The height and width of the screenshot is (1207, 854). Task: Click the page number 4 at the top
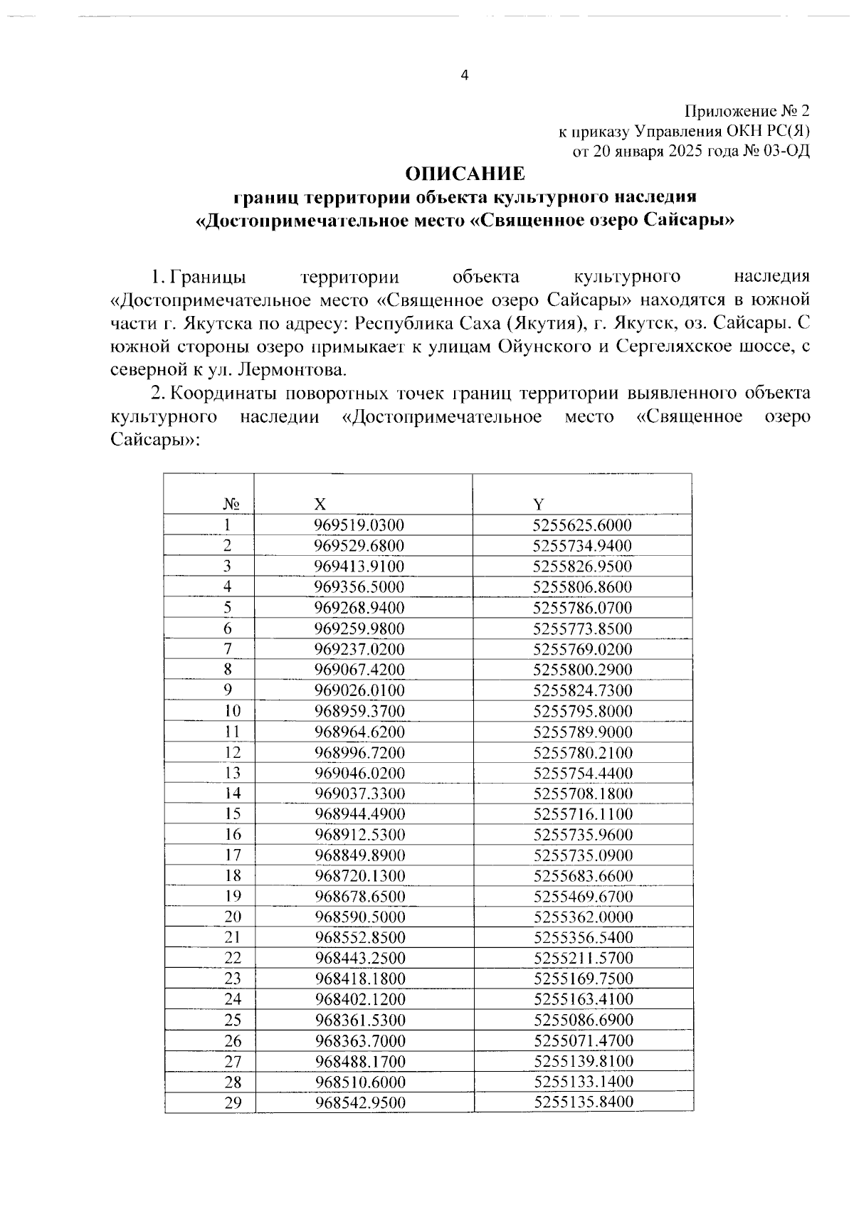point(465,75)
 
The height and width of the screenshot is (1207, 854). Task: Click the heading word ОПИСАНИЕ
point(465,174)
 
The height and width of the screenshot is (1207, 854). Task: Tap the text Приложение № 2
point(747,111)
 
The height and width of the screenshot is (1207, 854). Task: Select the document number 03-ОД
point(786,151)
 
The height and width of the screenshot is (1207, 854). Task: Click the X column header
point(321,504)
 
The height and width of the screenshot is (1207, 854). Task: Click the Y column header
point(539,504)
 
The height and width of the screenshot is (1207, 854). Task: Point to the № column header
point(231,504)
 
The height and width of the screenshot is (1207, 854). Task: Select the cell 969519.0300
point(359,525)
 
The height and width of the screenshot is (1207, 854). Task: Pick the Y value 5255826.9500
point(582,566)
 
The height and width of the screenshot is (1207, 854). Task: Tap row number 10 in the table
point(232,710)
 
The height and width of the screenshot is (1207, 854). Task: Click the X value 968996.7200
point(359,752)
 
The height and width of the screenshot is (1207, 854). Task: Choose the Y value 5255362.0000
point(582,917)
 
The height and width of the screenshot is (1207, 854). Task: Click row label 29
point(232,1102)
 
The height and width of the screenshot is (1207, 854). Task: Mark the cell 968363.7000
point(359,1040)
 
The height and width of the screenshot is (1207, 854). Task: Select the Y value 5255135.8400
point(582,1102)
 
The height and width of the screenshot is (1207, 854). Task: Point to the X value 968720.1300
point(359,875)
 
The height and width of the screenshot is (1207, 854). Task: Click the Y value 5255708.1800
point(582,793)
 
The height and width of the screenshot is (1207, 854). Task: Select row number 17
point(232,855)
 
